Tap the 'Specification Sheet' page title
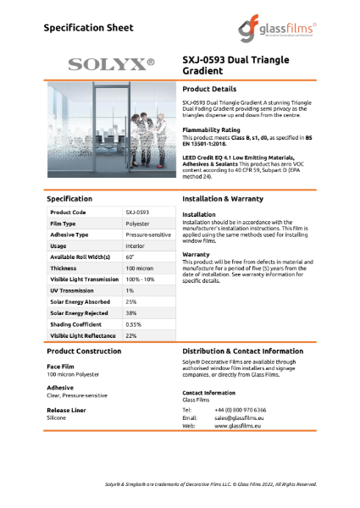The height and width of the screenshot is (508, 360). point(87,28)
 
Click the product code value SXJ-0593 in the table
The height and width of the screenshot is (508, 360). point(137,212)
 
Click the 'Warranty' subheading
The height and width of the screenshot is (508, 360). point(197,254)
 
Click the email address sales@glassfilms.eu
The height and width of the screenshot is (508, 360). point(249,418)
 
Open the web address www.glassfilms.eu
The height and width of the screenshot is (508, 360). point(237,427)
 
